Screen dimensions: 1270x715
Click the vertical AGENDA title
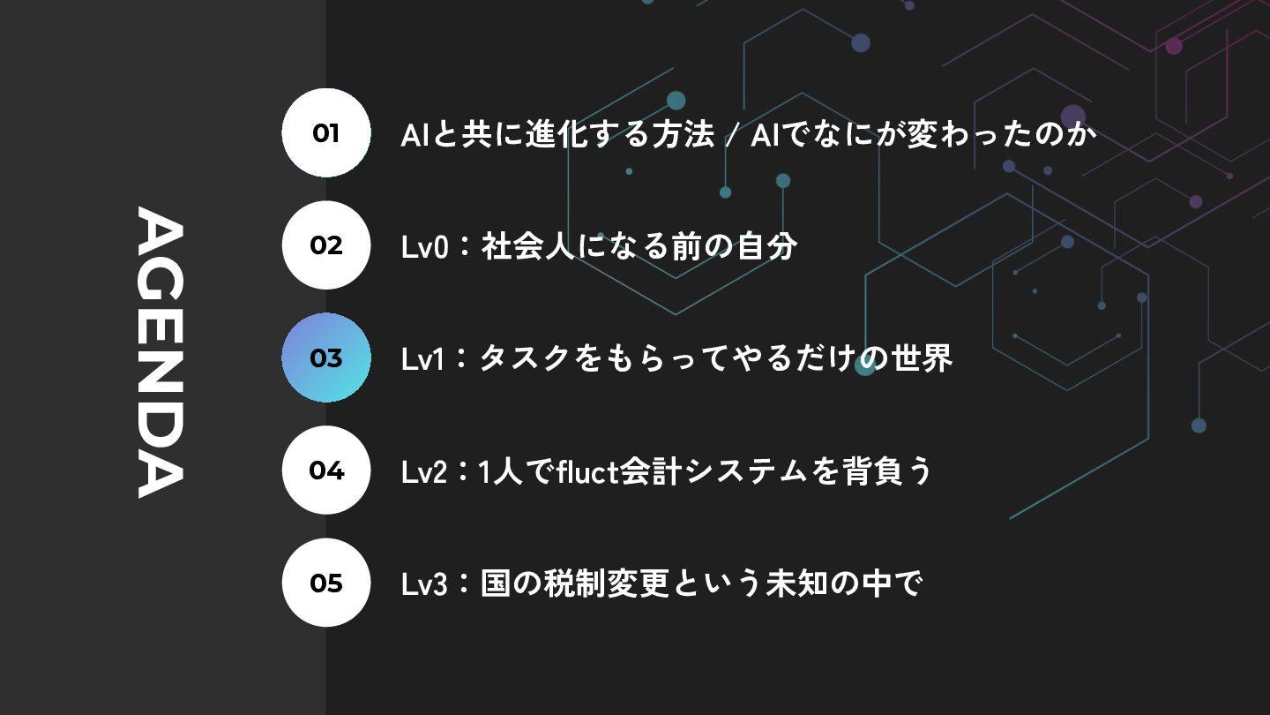pos(160,352)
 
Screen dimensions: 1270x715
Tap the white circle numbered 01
pos(326,133)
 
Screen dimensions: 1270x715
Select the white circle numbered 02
pos(326,245)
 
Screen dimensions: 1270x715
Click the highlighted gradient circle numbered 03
pos(326,357)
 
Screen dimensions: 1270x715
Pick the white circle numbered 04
pos(326,470)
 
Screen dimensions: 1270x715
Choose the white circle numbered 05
pos(326,583)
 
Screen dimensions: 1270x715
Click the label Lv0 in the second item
pos(425,247)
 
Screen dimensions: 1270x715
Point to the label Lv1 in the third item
pos(423,359)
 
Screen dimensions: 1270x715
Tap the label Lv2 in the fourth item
pos(425,472)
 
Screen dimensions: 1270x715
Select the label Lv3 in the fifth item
pos(425,584)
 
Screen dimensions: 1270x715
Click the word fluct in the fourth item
pos(587,471)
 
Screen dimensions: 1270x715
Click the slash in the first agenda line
pos(732,136)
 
